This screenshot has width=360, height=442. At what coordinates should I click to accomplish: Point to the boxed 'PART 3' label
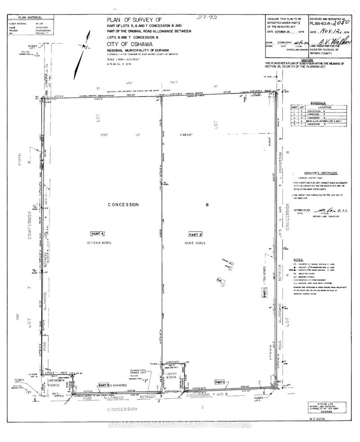(103, 385)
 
